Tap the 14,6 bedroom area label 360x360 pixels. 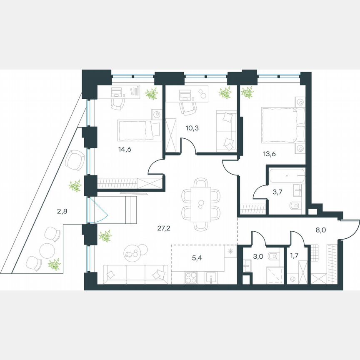point(113,150)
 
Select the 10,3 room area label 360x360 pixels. point(192,128)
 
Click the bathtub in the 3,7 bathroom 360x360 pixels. point(287,176)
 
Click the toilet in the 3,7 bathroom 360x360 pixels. point(294,205)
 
